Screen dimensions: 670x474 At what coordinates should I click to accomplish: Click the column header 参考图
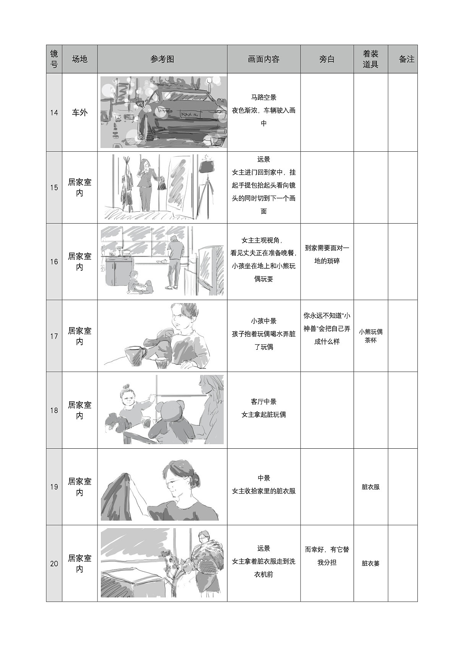(162, 59)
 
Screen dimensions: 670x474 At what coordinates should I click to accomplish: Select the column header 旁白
(327, 59)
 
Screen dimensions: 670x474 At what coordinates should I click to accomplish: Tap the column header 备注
(406, 59)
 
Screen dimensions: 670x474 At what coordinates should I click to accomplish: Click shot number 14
(54, 112)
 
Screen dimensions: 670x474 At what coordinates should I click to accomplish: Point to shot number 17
(54, 336)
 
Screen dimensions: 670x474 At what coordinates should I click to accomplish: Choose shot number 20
(54, 563)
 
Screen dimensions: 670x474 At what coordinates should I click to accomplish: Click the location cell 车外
(80, 112)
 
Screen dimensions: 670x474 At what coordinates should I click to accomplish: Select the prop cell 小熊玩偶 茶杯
(370, 336)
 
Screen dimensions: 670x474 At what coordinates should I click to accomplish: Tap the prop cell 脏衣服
(370, 487)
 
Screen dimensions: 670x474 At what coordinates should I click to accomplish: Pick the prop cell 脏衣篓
(370, 563)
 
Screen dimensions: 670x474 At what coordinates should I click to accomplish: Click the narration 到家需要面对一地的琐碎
(327, 255)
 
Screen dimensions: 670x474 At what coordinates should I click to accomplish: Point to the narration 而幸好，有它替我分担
(327, 556)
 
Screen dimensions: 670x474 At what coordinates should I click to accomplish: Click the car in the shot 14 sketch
(180, 115)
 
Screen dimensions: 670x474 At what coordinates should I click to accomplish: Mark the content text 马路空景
(263, 97)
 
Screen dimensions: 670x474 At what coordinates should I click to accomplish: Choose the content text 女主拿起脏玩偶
(263, 415)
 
